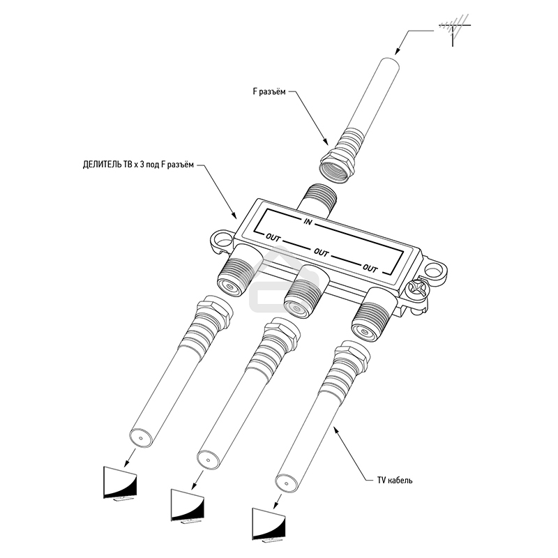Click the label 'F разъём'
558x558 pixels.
coord(269,92)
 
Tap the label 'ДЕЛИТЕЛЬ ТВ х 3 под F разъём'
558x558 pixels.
coord(138,165)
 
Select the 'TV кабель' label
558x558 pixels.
coord(395,480)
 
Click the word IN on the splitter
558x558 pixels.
coord(308,222)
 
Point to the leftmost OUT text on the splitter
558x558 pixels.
coord(273,237)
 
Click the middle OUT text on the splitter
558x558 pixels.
coord(321,252)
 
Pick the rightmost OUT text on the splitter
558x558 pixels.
coord(370,268)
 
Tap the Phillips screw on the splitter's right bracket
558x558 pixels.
coord(416,287)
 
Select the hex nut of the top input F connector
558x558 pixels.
coord(336,166)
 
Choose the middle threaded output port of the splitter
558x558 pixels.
coord(305,292)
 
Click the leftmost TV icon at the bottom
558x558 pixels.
coord(120,484)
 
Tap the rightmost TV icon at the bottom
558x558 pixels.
coord(269,527)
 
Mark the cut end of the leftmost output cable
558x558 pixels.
coord(141,438)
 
